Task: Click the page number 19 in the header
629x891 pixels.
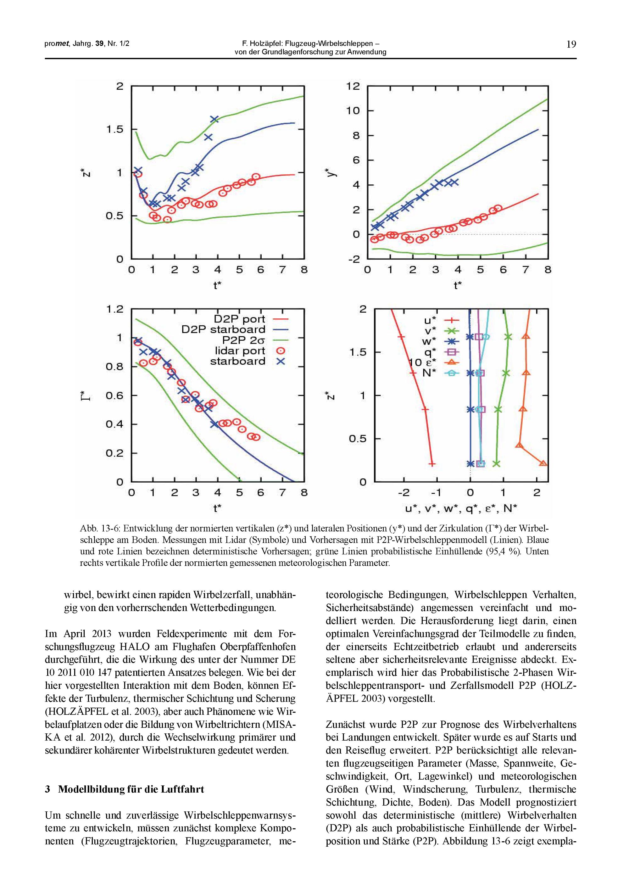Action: pos(571,44)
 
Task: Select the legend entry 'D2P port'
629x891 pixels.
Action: pos(239,319)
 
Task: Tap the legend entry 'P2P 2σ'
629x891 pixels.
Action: pos(243,340)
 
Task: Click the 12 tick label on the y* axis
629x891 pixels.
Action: pos(353,86)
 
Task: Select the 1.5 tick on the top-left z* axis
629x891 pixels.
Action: pos(114,129)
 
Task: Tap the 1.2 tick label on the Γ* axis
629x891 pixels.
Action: pos(114,309)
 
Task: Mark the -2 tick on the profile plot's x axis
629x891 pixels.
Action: pos(404,493)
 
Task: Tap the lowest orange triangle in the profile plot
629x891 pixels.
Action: pos(543,463)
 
